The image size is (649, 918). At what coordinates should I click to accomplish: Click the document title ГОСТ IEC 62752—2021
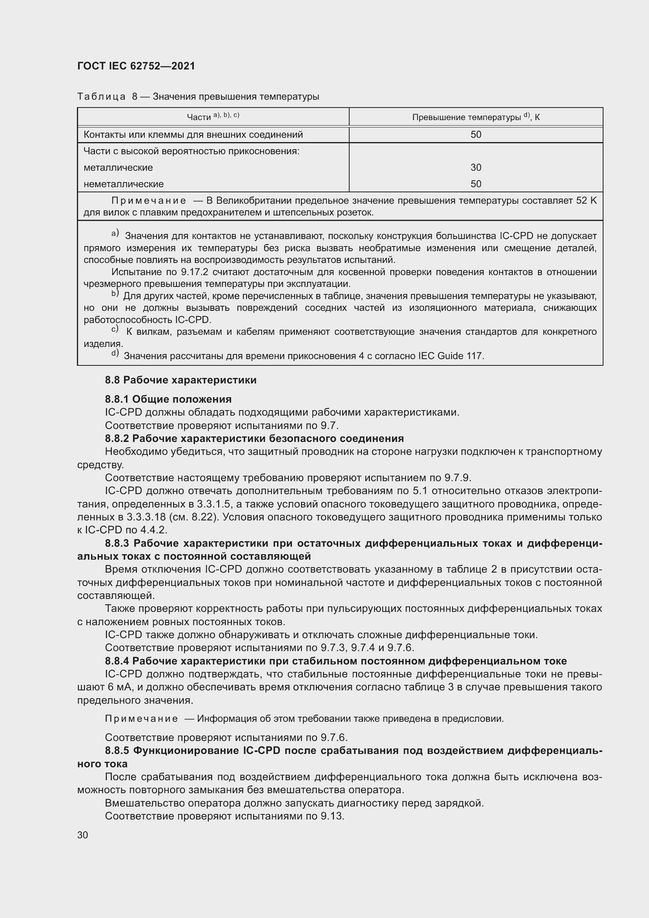(136, 66)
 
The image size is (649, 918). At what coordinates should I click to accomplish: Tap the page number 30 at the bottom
(83, 835)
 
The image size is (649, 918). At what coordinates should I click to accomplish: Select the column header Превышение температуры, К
(476, 117)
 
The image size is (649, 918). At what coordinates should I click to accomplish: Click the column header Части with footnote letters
(213, 117)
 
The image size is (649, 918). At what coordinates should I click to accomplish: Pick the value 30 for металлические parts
(476, 168)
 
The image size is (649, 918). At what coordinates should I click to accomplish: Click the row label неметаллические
(124, 184)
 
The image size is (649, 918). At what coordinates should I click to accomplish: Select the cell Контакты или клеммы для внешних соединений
(193, 135)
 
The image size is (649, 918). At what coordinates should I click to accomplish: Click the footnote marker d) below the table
(115, 354)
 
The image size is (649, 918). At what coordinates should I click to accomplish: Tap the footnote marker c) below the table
(115, 329)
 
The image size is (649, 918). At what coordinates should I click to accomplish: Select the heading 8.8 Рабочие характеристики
(180, 380)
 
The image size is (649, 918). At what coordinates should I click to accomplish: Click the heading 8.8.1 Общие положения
(168, 399)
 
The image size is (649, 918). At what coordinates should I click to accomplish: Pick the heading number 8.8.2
(117, 438)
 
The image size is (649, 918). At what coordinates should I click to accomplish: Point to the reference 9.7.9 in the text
(457, 478)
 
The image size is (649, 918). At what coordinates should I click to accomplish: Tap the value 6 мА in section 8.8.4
(116, 687)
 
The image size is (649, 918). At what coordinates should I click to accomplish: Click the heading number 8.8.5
(117, 750)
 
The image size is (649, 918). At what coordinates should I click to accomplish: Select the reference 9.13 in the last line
(332, 816)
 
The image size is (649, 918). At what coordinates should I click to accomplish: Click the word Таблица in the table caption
(102, 97)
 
